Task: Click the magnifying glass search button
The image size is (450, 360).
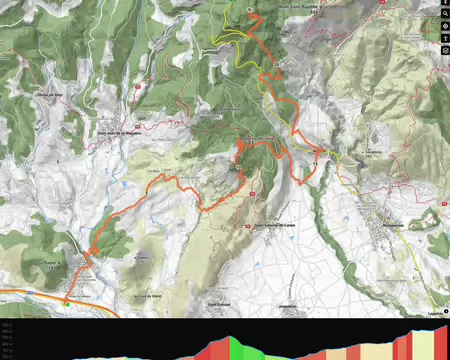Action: coord(444,9)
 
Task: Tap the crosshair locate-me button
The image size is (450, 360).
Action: coord(444,23)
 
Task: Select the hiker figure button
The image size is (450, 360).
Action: coord(444,36)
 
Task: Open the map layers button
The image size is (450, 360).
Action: coord(444,49)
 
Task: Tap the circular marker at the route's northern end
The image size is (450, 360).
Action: coord(248,8)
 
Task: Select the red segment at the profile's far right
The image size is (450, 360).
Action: coord(441,342)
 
